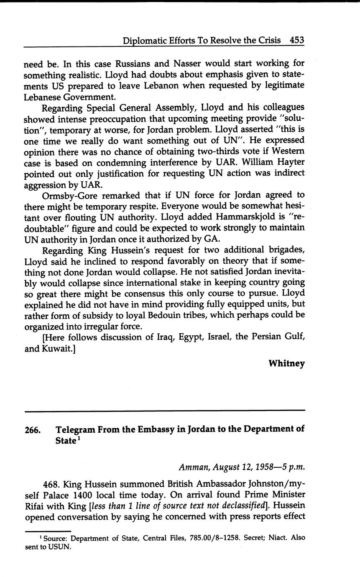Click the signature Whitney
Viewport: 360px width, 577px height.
point(286,363)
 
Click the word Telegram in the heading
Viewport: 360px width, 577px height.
point(78,429)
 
